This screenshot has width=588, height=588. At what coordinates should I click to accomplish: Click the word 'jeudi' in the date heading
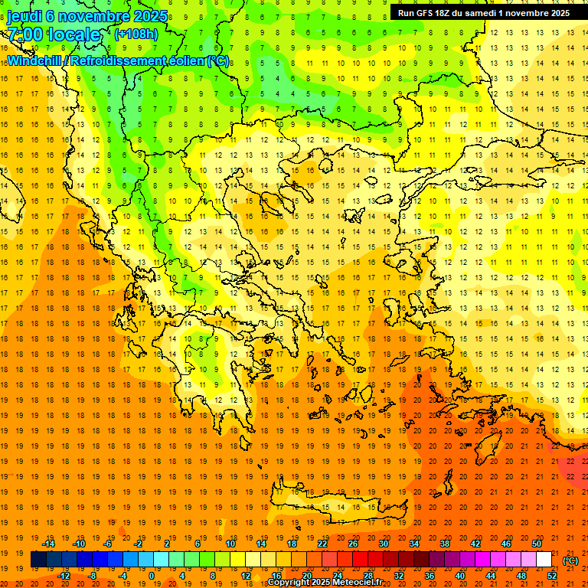tap(25, 16)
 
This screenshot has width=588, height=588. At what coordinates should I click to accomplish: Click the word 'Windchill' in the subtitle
tap(35, 60)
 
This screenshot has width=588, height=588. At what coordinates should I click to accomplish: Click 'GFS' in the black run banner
tap(426, 13)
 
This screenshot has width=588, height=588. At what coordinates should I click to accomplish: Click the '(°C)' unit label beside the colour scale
tap(570, 560)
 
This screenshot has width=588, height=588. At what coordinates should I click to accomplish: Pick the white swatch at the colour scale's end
tap(544, 560)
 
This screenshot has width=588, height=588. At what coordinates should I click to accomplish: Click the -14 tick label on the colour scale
tap(50, 544)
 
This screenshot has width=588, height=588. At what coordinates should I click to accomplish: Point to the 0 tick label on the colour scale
tap(152, 576)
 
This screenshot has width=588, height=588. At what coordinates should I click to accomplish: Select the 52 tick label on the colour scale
tap(552, 576)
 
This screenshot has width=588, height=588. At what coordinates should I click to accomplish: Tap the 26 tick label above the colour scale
tap(352, 544)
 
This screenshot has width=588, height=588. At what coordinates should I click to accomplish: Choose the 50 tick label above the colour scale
tap(536, 544)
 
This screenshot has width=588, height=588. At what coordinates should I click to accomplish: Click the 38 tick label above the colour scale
tap(444, 544)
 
